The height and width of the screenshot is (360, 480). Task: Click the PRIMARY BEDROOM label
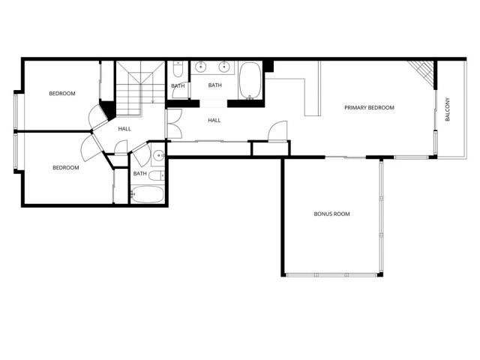(x=369, y=108)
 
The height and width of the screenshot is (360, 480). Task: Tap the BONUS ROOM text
(x=331, y=214)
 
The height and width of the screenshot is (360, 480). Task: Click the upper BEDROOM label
(x=62, y=94)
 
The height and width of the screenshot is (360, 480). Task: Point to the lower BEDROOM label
(x=65, y=168)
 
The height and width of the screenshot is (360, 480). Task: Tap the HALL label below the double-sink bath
(x=214, y=120)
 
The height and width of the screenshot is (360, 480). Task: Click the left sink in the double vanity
(x=199, y=68)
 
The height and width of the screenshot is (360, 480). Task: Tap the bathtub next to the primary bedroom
(x=250, y=81)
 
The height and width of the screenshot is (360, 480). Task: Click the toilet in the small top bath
(x=177, y=70)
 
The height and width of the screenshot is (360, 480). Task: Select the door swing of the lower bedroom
(x=95, y=144)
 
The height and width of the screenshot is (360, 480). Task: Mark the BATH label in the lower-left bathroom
(x=139, y=174)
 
